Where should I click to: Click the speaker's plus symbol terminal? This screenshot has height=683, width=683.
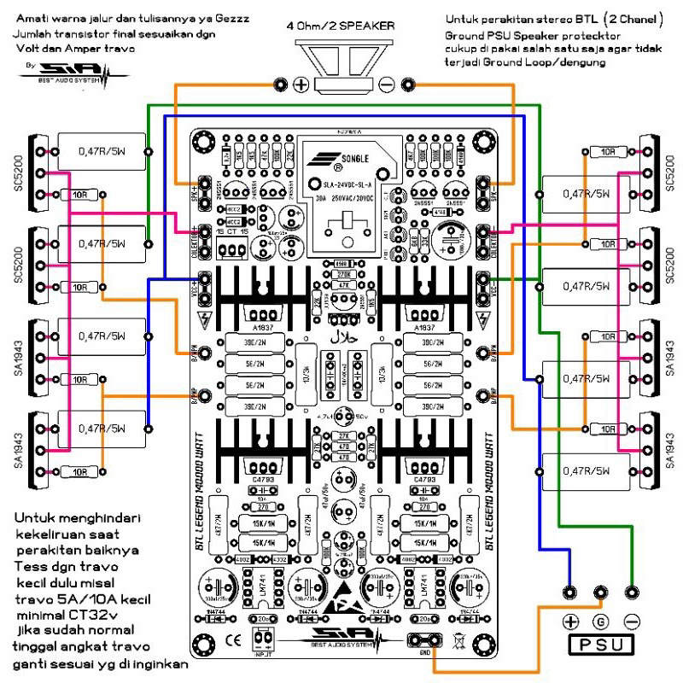click(x=301, y=84)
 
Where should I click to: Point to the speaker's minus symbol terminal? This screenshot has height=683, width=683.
click(x=386, y=84)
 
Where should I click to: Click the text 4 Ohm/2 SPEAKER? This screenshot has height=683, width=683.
click(x=342, y=27)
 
